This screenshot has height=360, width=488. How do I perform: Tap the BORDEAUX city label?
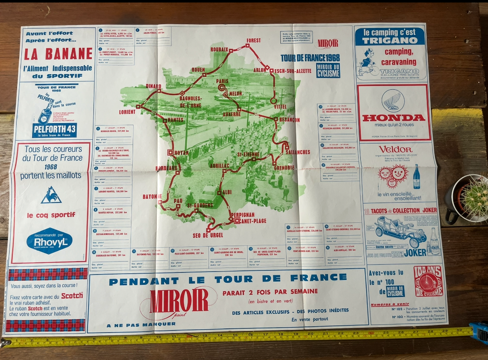point(165,168)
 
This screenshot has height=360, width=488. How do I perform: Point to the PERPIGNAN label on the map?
point(242,214)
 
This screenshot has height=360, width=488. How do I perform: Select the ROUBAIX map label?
point(219,49)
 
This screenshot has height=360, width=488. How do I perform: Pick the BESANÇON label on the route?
point(287,120)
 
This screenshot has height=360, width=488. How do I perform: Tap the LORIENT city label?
point(127,112)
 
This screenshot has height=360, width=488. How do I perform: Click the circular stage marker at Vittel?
point(274,101)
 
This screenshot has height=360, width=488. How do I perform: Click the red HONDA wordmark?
point(393,118)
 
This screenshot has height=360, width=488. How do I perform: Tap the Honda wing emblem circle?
point(393,100)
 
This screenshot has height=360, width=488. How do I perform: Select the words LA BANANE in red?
point(58,54)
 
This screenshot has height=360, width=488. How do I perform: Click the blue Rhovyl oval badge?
point(49,241)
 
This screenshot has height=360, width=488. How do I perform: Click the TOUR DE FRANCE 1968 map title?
point(310,58)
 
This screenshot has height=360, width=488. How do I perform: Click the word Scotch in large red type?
point(72,295)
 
